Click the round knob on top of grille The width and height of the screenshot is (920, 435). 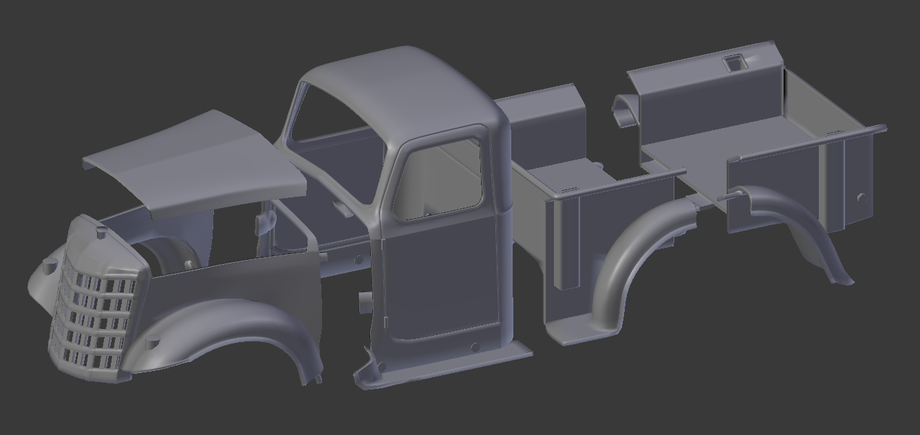click(101, 234)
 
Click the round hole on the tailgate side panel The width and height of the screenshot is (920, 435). click(862, 198)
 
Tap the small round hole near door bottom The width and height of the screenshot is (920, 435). click(475, 346)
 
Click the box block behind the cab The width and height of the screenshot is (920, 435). click(544, 124)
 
